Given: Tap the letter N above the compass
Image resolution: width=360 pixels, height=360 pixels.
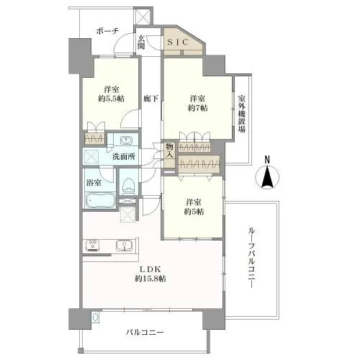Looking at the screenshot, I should tap(266, 160).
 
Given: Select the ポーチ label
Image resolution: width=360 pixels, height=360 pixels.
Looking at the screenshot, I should tap(109, 31).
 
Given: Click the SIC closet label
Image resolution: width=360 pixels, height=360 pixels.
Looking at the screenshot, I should tap(179, 42).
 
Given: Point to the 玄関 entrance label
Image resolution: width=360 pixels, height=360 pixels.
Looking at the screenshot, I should tap(141, 42).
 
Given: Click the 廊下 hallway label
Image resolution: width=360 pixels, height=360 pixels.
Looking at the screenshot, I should tap(150, 98).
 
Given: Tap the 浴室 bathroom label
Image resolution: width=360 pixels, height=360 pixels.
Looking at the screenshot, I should tap(94, 183).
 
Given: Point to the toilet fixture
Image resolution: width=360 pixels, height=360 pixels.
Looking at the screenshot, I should tap(129, 185).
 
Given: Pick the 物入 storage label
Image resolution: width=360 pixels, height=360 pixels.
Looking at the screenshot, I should tap(170, 150).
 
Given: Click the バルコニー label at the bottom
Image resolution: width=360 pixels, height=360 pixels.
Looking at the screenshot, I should tap(145, 333).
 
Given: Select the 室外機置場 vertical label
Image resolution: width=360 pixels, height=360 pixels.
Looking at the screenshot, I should tap(242, 114).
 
